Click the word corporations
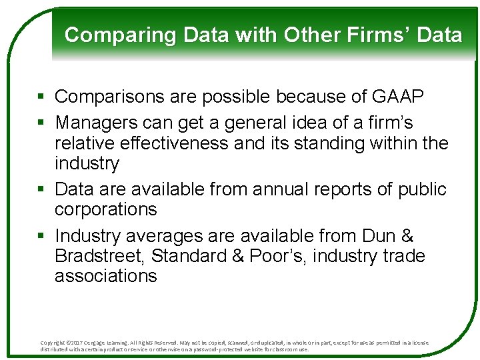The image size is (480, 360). pyautogui.click(x=105, y=209)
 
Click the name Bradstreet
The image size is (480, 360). pyautogui.click(x=100, y=256)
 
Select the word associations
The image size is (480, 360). pyautogui.click(x=105, y=276)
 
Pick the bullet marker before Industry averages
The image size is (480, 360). pyautogui.click(x=42, y=237)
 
